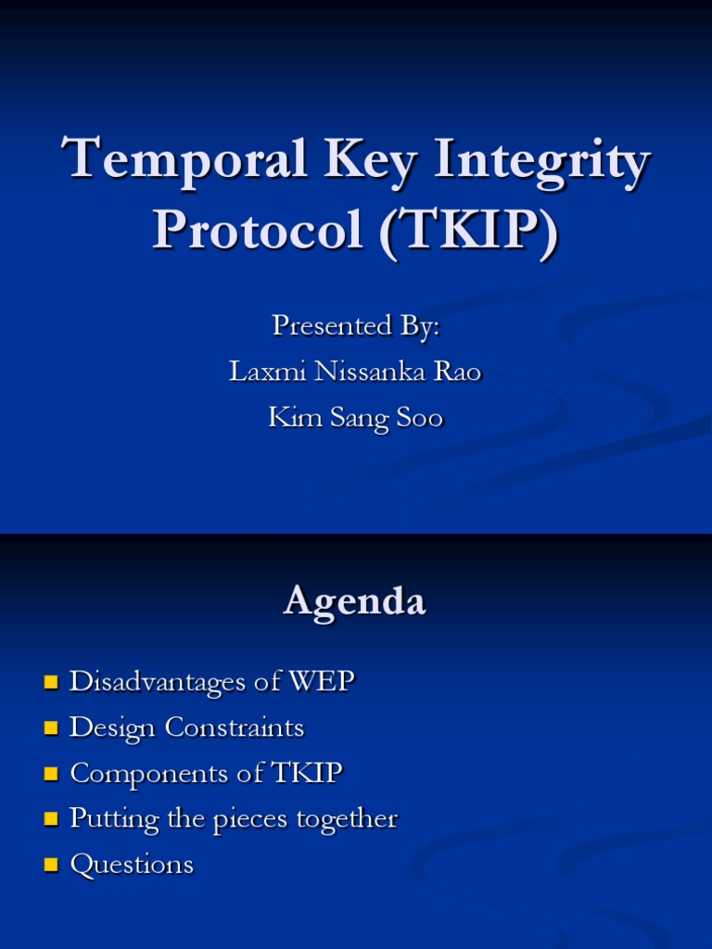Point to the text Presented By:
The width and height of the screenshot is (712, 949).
(355, 326)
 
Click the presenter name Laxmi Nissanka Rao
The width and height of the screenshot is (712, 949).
(355, 372)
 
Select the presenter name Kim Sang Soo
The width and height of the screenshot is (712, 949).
(355, 418)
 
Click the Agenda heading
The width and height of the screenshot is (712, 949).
(355, 601)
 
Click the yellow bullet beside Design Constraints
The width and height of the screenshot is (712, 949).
(51, 729)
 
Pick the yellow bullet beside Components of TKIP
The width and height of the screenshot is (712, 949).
(51, 775)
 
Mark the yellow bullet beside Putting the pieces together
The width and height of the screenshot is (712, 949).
(51, 820)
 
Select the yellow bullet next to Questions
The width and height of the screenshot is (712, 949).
(51, 866)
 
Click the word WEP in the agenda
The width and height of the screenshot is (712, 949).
(321, 682)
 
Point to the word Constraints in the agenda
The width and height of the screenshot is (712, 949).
(235, 728)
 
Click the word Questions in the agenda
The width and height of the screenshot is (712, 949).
(132, 865)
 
